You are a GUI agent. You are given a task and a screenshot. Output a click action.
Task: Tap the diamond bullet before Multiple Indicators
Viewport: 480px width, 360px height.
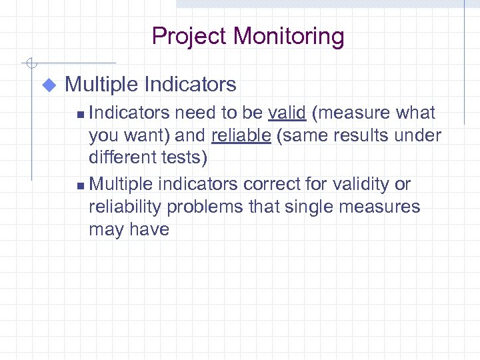coord(48,85)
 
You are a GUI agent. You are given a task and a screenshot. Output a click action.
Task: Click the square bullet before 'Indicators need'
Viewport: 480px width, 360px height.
coord(80,115)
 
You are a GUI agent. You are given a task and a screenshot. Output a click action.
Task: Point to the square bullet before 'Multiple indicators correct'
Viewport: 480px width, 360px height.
coord(80,185)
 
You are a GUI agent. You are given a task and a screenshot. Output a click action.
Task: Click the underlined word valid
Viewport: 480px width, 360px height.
coord(287,113)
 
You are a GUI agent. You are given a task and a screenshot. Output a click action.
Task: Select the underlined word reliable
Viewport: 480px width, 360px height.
coord(241,136)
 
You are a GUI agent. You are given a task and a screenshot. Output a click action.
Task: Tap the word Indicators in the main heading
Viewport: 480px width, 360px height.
coord(190,85)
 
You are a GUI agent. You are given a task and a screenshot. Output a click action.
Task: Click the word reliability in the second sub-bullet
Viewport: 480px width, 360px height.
coord(125,207)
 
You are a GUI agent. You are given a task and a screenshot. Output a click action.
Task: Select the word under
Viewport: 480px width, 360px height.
coord(417,136)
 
